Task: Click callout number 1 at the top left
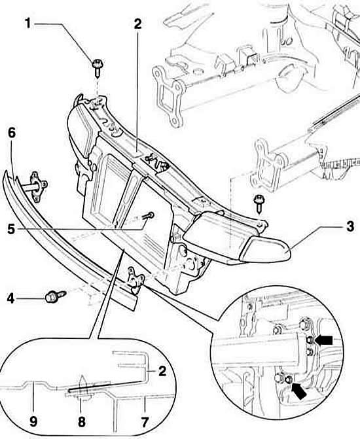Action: click(x=27, y=24)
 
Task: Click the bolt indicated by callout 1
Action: click(x=98, y=68)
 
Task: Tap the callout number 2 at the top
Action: click(x=137, y=24)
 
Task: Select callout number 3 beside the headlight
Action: click(x=350, y=226)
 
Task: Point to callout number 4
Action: click(x=10, y=299)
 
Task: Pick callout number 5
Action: click(x=11, y=229)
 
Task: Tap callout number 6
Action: click(x=12, y=133)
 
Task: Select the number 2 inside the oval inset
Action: click(x=162, y=371)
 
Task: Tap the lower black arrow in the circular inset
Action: click(x=298, y=391)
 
